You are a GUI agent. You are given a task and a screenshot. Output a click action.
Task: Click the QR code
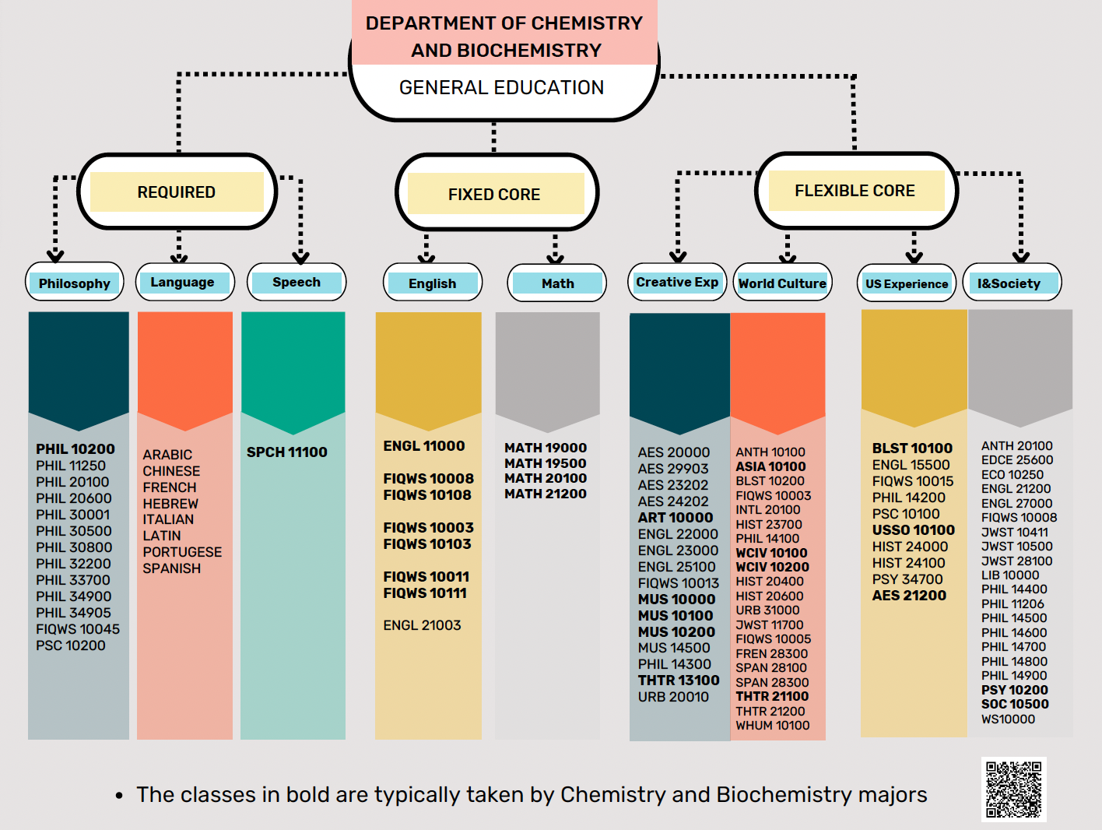[x=1013, y=789]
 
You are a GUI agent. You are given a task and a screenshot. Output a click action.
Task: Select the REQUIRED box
[x=177, y=192]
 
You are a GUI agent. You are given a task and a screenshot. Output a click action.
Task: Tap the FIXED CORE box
[x=496, y=193]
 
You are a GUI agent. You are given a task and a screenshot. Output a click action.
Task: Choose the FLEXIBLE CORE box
[x=856, y=191]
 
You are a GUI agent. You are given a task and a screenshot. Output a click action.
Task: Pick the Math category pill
[x=556, y=283]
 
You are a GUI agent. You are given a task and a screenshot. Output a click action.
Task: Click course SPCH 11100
[x=286, y=452]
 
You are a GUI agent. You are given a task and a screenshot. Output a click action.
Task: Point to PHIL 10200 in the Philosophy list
[x=75, y=449]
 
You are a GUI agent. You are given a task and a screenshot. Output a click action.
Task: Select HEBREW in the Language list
[x=170, y=504]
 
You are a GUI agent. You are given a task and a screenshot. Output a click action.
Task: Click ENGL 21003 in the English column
[x=422, y=625]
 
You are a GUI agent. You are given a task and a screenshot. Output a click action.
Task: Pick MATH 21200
[x=546, y=494]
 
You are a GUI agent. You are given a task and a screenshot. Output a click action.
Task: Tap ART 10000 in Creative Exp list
[x=676, y=518]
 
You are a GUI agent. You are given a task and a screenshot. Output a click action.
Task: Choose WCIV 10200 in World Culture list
[x=772, y=568]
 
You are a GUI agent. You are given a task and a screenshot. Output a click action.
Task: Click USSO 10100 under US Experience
[x=913, y=530]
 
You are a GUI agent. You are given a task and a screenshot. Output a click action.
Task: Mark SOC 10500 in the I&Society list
[x=1015, y=705]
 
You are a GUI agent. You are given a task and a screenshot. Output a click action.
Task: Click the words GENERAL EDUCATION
[x=501, y=88]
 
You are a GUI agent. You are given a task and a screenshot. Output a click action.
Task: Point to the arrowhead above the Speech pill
[x=300, y=258]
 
